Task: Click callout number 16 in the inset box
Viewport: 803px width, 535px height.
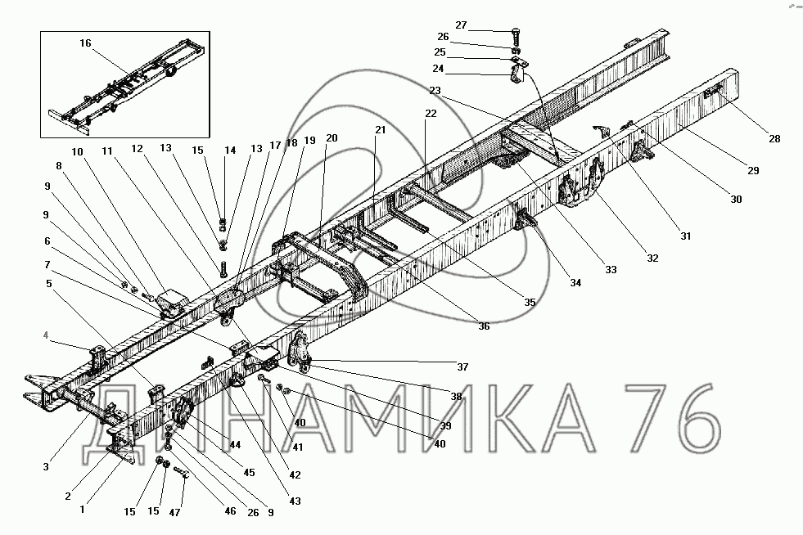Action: (85, 43)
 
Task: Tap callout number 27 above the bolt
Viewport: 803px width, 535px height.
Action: (461, 25)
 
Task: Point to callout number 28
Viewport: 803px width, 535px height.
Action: (774, 139)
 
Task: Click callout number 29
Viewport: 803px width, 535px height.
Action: (753, 170)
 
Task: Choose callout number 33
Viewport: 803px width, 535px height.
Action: (611, 269)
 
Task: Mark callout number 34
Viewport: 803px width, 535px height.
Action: (575, 282)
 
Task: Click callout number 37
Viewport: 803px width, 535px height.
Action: (462, 366)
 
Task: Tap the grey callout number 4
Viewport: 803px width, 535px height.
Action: (46, 335)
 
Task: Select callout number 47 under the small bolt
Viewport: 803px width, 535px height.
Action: (174, 512)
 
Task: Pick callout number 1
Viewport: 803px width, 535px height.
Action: (83, 510)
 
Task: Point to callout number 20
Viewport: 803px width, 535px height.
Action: (332, 137)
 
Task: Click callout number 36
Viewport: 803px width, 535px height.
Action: (484, 326)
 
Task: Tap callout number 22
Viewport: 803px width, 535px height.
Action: (431, 113)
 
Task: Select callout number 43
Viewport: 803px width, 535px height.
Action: (295, 501)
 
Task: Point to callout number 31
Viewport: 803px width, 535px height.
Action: (686, 236)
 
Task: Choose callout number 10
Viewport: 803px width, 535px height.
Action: (77, 151)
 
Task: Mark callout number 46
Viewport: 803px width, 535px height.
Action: (230, 511)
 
